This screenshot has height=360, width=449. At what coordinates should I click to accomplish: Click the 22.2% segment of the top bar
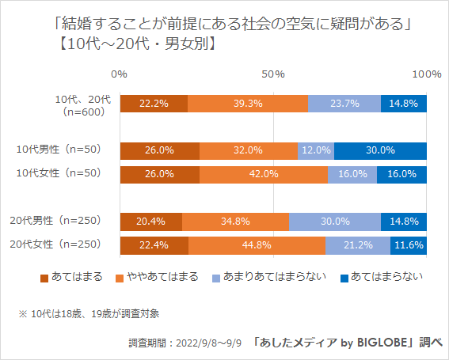click(x=154, y=104)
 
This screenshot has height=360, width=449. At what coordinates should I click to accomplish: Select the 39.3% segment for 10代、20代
click(x=248, y=104)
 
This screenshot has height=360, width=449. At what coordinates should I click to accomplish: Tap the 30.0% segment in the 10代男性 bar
click(x=380, y=150)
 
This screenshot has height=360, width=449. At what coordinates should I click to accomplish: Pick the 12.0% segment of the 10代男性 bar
click(x=316, y=150)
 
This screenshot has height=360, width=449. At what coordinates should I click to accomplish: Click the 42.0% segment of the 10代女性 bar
click(x=264, y=175)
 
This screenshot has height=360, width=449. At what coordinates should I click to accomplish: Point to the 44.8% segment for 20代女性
click(x=257, y=245)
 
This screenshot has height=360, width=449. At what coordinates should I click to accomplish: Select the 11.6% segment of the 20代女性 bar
click(x=409, y=245)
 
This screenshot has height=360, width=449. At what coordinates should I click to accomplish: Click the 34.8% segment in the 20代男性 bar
click(x=236, y=222)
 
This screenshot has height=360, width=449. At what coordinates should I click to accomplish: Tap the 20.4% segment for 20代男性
click(x=151, y=222)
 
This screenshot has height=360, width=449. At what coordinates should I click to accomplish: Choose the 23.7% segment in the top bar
click(x=344, y=104)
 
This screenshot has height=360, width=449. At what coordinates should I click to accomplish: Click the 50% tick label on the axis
click(x=273, y=74)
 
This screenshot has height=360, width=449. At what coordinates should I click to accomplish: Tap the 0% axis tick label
click(x=120, y=74)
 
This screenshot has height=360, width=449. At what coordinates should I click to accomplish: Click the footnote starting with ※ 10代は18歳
click(x=89, y=314)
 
